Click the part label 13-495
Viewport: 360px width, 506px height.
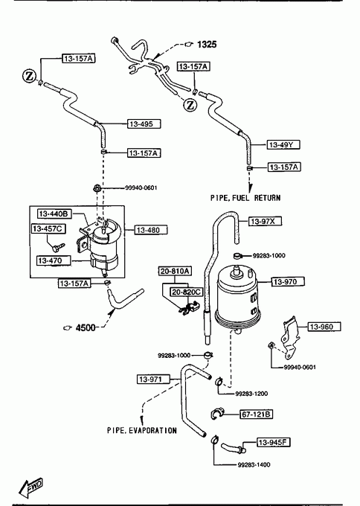tap(144, 124)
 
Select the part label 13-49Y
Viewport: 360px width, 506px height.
tap(283, 144)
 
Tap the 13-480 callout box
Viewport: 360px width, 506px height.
tap(151, 230)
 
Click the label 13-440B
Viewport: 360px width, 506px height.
tap(55, 214)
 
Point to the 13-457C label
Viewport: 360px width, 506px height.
tap(48, 228)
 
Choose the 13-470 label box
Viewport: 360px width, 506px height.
tap(54, 260)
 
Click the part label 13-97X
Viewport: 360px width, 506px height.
tap(265, 221)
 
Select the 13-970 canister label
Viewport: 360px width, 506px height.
tap(288, 282)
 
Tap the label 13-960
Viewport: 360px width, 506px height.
tap(324, 327)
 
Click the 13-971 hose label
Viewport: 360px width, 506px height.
tap(153, 379)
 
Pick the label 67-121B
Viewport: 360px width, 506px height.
tap(256, 414)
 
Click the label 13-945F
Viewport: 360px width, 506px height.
tap(274, 442)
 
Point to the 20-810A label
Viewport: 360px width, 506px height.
tap(175, 271)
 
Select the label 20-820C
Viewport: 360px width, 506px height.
tap(187, 292)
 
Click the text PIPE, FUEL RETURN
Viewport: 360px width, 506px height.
tap(245, 198)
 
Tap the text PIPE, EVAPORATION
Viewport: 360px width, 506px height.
tap(142, 430)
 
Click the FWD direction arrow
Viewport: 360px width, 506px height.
tap(30, 487)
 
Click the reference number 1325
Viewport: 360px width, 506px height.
tap(207, 44)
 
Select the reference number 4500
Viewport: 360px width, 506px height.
tap(86, 328)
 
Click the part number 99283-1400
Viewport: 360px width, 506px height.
tap(254, 464)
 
